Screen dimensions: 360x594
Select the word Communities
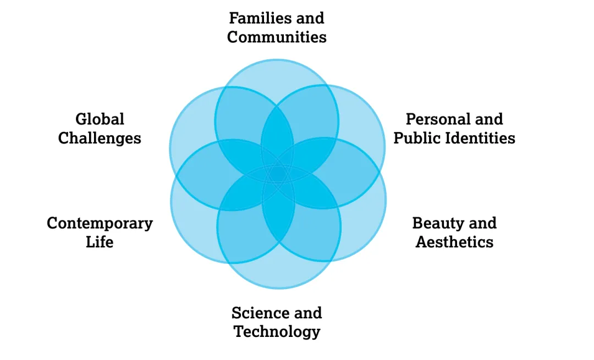click(277, 37)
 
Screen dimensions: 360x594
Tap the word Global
click(100, 119)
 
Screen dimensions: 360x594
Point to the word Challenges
click(100, 138)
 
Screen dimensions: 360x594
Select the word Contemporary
click(100, 223)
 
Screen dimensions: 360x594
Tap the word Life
click(100, 242)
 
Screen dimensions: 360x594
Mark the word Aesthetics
click(454, 242)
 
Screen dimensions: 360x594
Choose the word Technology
click(277, 332)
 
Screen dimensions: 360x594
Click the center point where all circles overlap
click(278, 174)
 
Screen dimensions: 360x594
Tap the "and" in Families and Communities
click(309, 18)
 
